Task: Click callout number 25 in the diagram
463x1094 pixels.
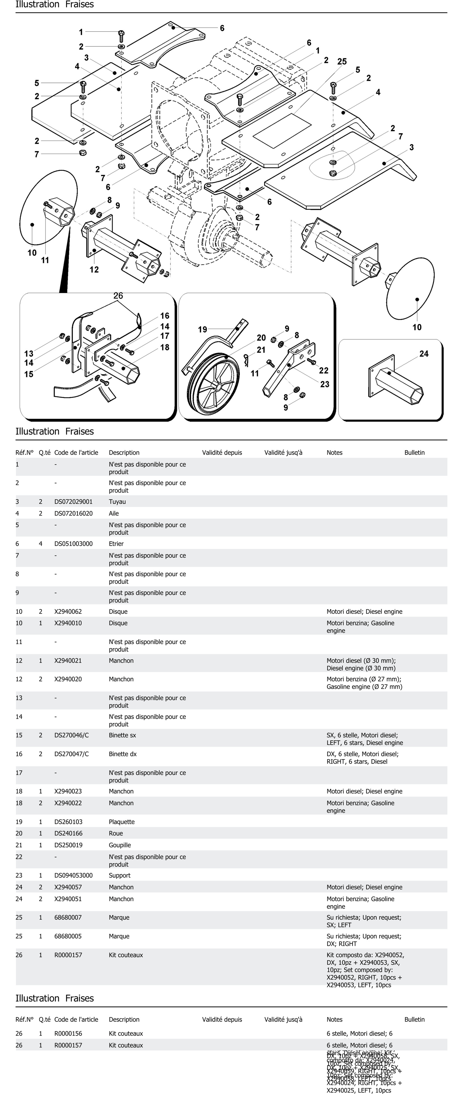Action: coord(342,62)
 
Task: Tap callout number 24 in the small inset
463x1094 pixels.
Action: coord(424,354)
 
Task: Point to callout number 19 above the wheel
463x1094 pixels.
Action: coord(202,330)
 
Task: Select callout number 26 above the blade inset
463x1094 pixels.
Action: coord(118,296)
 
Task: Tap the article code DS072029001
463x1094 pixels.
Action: coord(73,502)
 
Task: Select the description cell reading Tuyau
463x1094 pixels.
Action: coord(117,502)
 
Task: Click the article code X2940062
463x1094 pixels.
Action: coord(68,611)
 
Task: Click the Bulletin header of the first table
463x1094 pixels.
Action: coord(414,453)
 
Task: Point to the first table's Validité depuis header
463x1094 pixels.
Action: coord(222,453)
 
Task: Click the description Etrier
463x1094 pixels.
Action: coord(116,544)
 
